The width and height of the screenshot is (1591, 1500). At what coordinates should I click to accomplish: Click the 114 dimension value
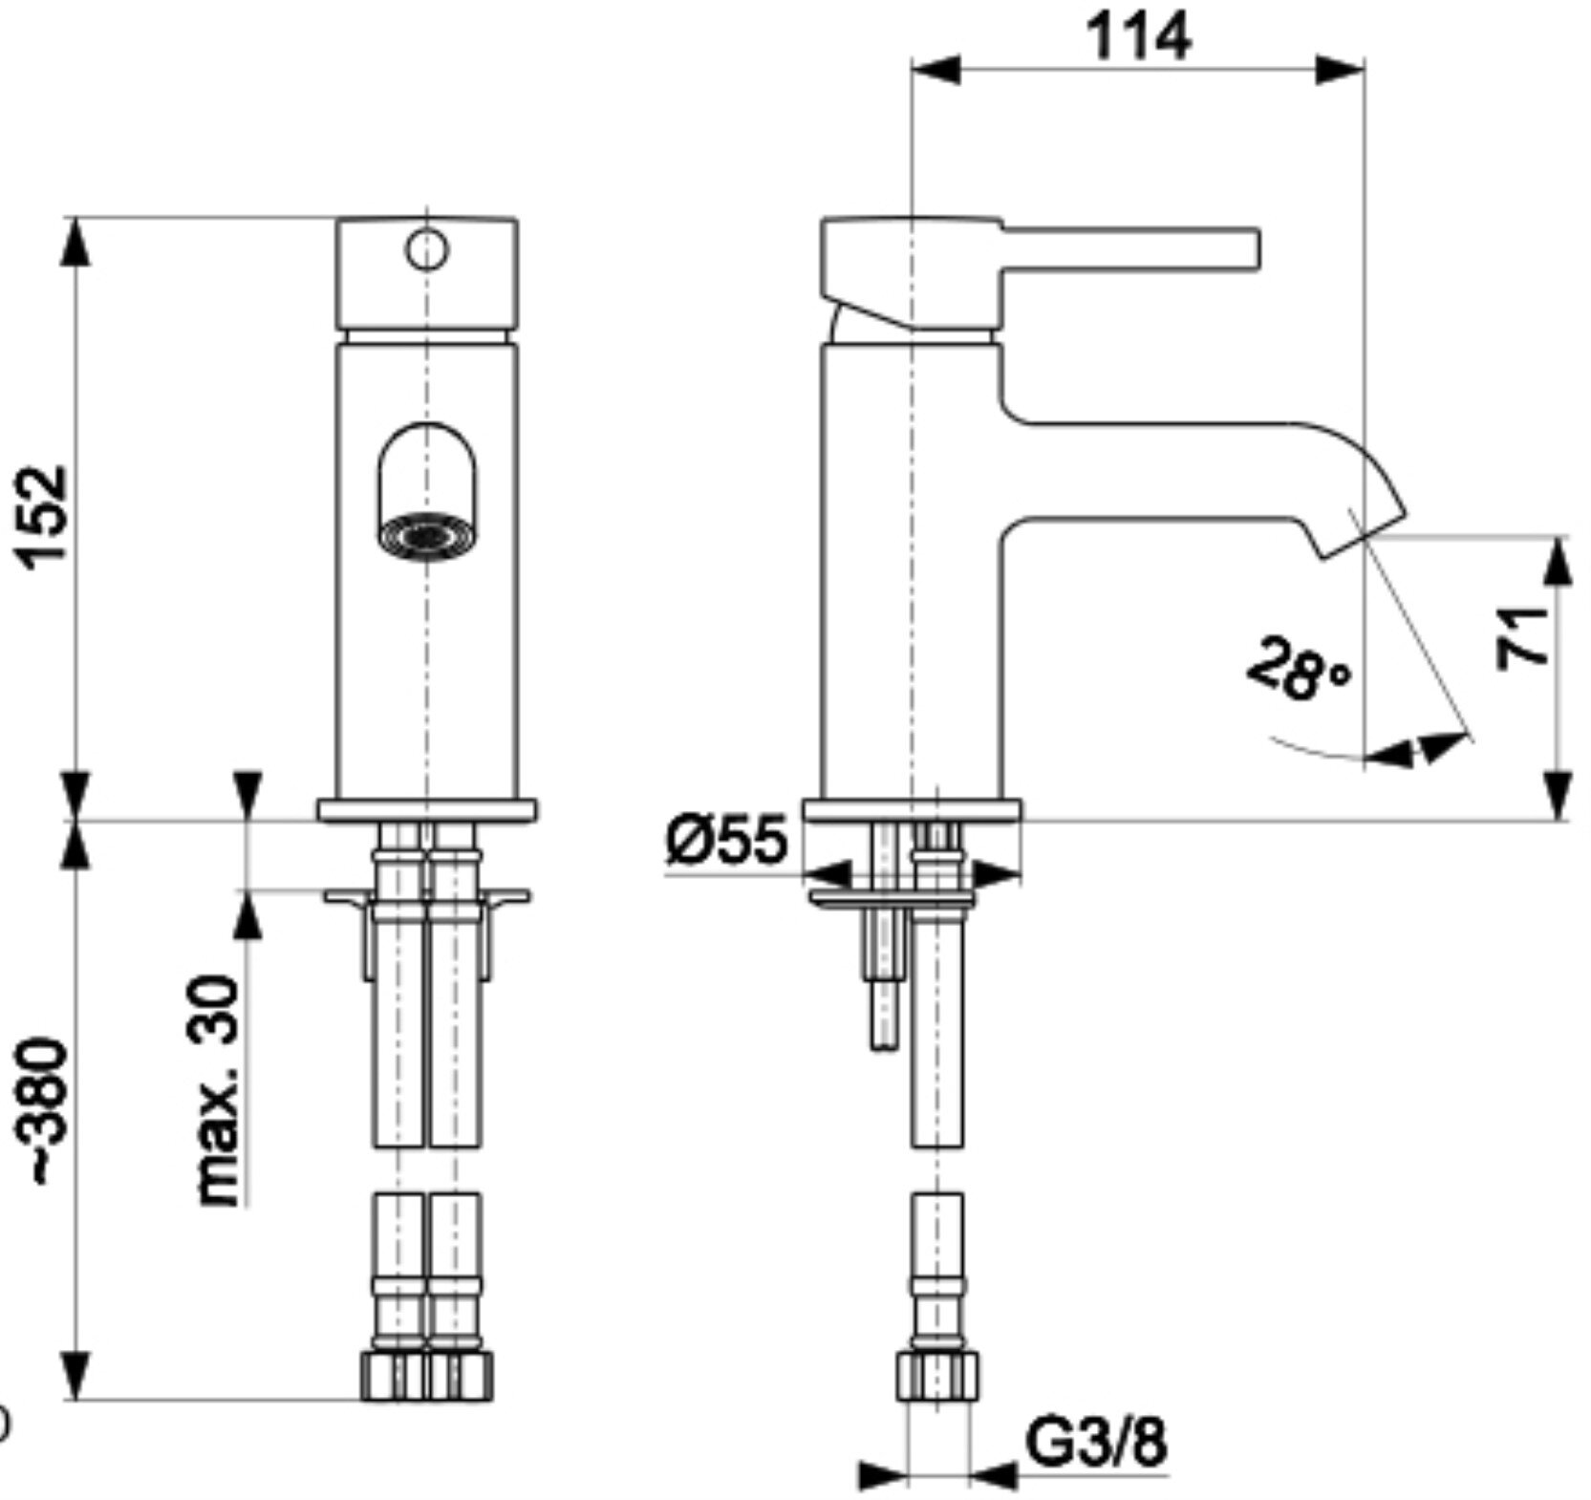coord(1139,37)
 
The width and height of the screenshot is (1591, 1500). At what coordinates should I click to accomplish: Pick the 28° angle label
coord(1300,667)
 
